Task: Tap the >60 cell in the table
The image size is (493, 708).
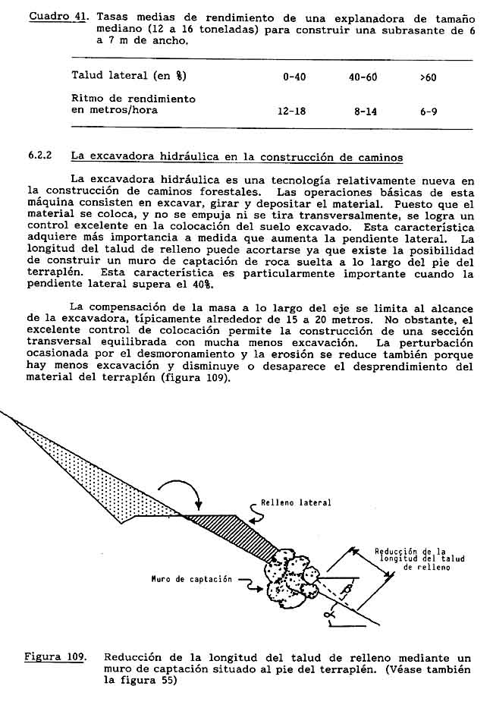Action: point(428,77)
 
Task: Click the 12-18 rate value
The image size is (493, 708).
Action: point(291,111)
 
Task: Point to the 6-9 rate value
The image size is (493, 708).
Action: point(428,111)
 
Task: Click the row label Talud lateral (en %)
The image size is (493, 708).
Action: point(129,76)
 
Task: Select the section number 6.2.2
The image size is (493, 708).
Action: point(39,156)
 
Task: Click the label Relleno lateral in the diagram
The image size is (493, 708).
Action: point(296,502)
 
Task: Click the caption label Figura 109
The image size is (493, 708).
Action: point(55,657)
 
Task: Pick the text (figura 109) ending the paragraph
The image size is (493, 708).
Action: point(195,377)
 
